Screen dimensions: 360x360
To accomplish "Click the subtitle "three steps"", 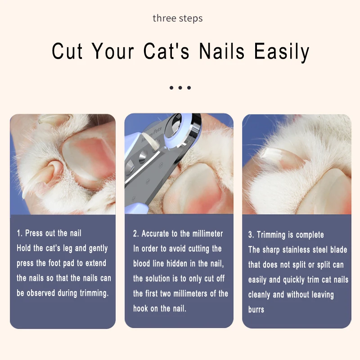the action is point(178,18).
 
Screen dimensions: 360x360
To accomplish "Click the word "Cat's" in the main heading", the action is point(166,51).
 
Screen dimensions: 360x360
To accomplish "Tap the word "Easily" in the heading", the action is point(282,52).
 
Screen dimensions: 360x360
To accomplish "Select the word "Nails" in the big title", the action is point(222,51).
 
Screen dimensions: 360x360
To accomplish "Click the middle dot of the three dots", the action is point(180,88).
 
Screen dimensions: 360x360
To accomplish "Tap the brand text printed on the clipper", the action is point(151,134).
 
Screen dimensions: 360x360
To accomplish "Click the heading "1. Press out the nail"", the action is point(49,233).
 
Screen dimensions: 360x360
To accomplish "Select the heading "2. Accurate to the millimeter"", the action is point(178,234).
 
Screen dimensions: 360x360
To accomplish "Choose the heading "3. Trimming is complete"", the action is point(286,234).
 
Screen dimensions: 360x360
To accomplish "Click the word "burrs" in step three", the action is point(256,309).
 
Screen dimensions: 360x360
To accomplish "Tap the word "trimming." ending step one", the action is point(94,293).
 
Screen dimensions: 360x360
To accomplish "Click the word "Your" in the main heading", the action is point(113,51).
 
